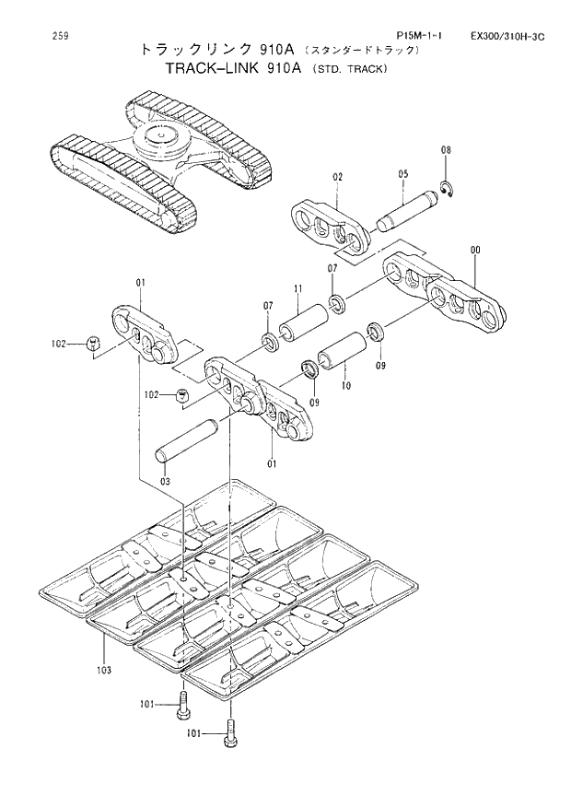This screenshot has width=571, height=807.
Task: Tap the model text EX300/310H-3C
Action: coord(507,37)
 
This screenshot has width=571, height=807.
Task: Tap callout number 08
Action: coord(446,150)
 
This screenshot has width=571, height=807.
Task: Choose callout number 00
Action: coord(474,249)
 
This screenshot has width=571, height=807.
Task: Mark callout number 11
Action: coord(298,289)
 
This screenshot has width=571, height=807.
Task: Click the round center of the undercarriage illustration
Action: coord(163,139)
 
